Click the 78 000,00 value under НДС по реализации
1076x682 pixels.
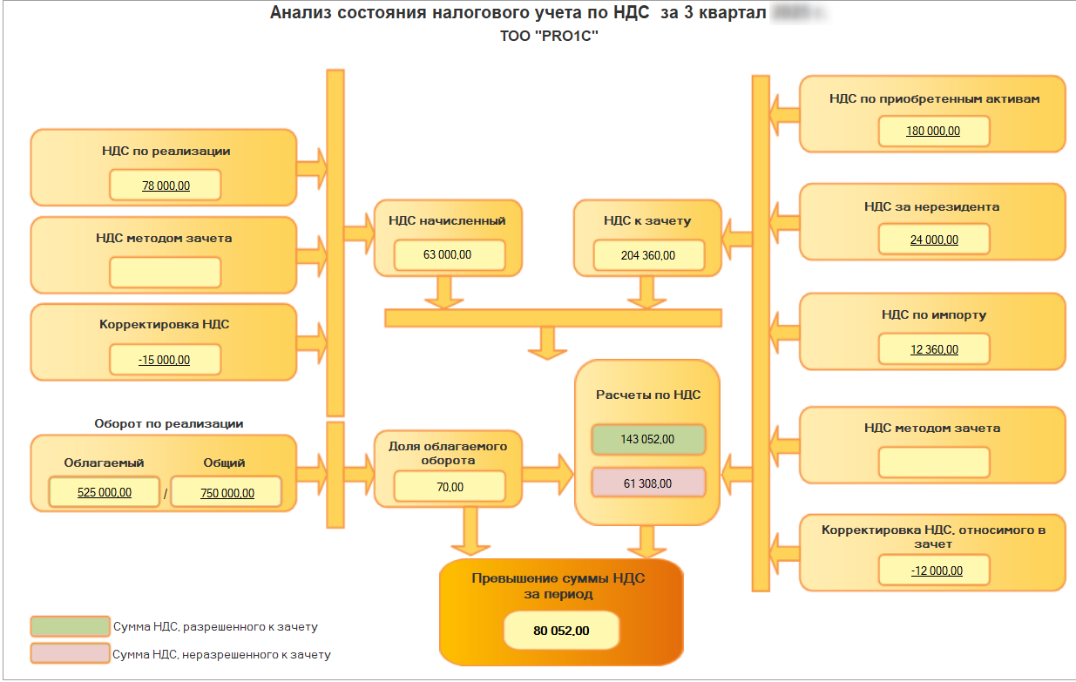coord(166,186)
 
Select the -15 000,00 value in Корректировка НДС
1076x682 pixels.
coord(165,360)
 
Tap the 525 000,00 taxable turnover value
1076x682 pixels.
coord(105,492)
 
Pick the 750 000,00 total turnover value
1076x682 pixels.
coord(227,492)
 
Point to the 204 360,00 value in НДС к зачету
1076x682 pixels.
coord(647,255)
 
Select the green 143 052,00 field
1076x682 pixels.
coord(647,440)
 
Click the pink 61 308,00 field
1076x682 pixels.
coord(647,483)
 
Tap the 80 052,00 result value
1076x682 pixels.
coord(561,631)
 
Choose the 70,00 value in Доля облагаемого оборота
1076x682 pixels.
coord(450,487)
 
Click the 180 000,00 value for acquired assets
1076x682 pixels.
coord(933,132)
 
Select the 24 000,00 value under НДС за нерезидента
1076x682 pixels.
coord(934,240)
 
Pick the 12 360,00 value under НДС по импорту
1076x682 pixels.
coord(934,349)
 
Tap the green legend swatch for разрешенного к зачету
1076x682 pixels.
coord(70,626)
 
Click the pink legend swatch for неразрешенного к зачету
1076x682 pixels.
coord(70,654)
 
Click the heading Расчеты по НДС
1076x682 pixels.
coord(648,395)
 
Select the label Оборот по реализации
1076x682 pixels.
coord(169,424)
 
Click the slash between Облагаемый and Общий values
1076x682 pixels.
coord(166,494)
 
